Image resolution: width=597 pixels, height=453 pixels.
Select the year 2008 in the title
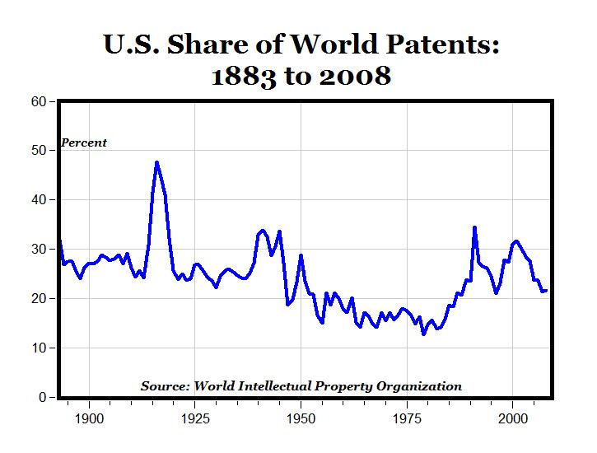pos(355,77)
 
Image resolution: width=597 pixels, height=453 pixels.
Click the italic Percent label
pos(84,142)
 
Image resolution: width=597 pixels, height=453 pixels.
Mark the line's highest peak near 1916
pos(156,162)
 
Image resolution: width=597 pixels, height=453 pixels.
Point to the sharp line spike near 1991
pos(474,227)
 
